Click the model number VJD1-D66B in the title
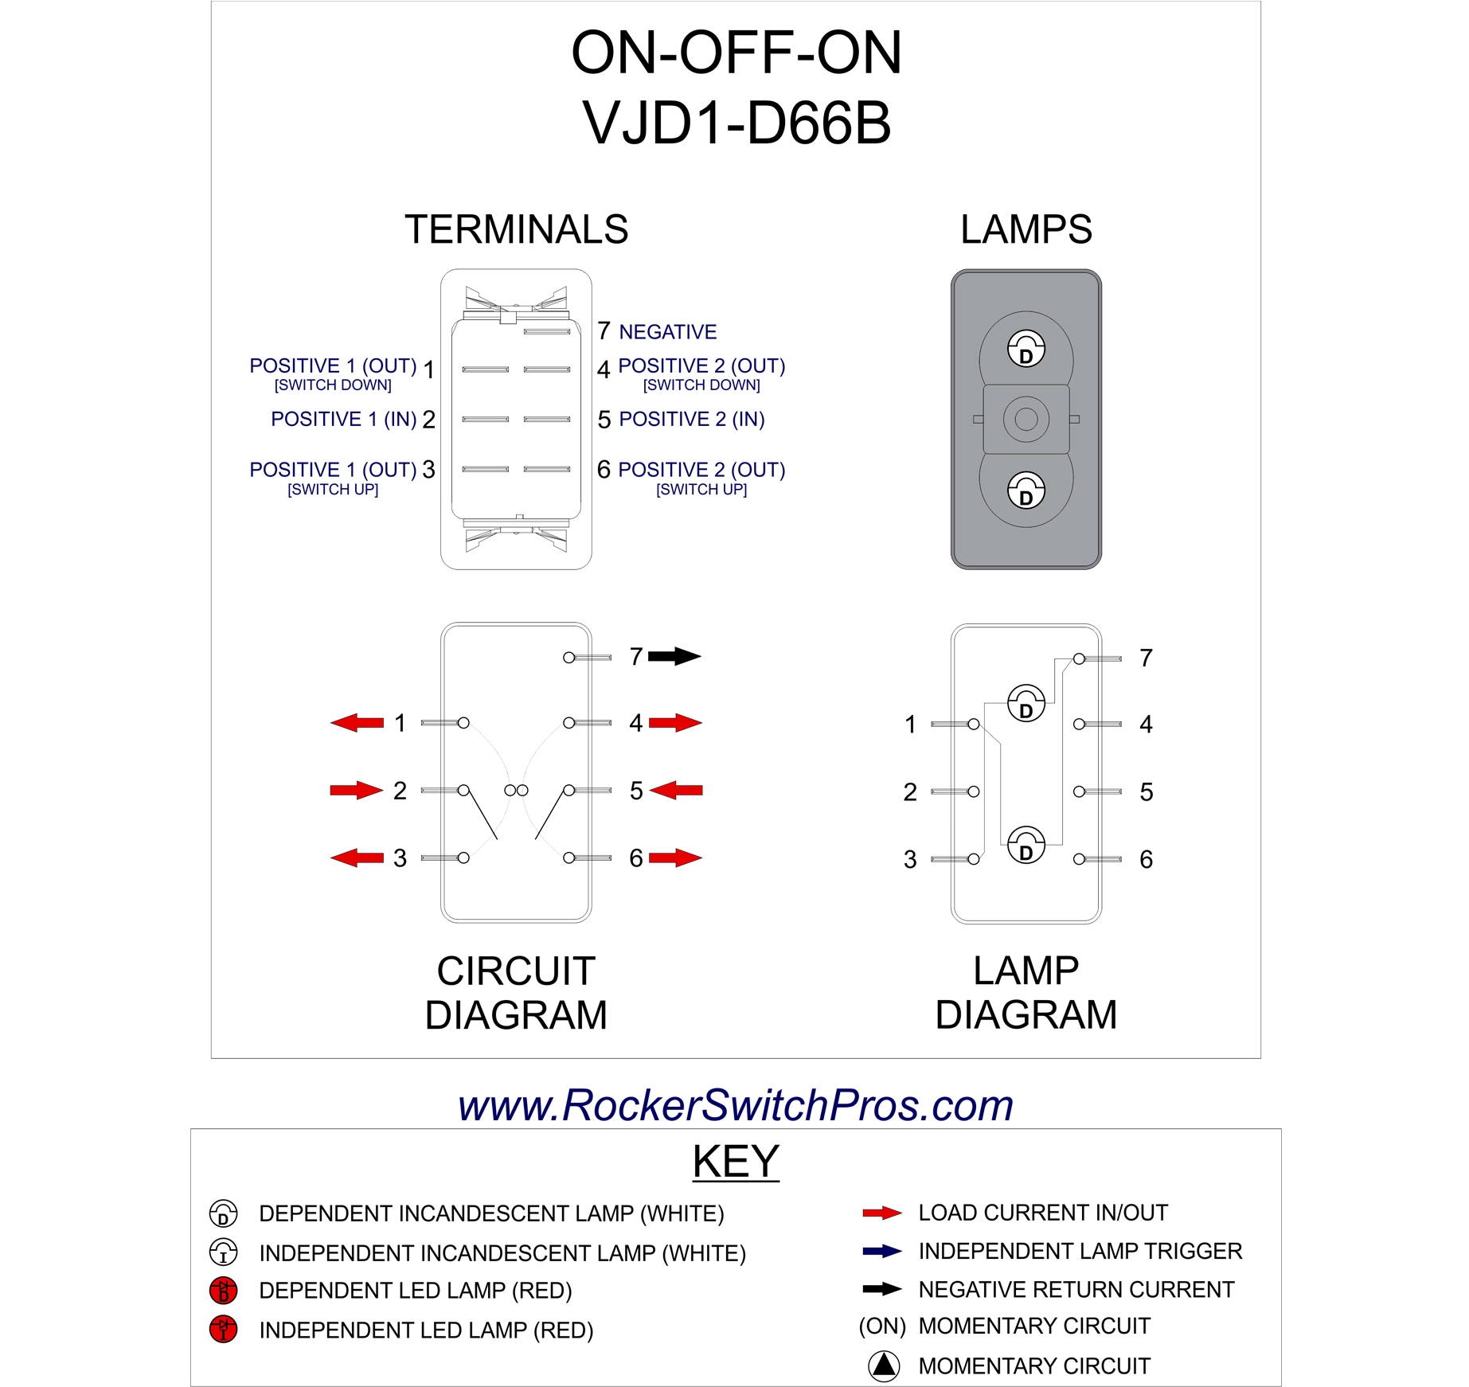[736, 123]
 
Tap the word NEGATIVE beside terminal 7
[667, 332]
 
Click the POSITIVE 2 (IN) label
[691, 419]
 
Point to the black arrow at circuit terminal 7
[674, 657]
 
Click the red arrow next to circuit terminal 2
[356, 790]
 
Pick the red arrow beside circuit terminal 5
[676, 790]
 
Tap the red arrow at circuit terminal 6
[675, 858]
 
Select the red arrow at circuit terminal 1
[357, 722]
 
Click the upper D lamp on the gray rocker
[1026, 349]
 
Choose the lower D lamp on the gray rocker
[1026, 490]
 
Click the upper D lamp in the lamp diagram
[1026, 703]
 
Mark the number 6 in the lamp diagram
[1146, 859]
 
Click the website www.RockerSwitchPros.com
[735, 1105]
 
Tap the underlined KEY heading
[735, 1161]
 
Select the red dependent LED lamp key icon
[223, 1290]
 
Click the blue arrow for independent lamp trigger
[881, 1251]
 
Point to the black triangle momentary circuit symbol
[883, 1366]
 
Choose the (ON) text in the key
[882, 1326]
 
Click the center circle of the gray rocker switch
[1026, 419]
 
